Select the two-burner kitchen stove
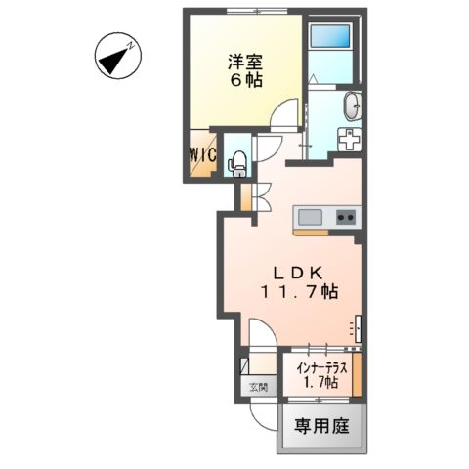point(347,216)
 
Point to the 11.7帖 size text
point(299,291)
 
